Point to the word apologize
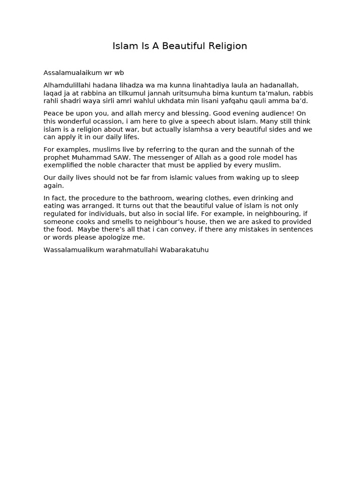pyautogui.click(x=112, y=238)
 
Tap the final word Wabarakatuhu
pyautogui.click(x=184, y=250)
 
